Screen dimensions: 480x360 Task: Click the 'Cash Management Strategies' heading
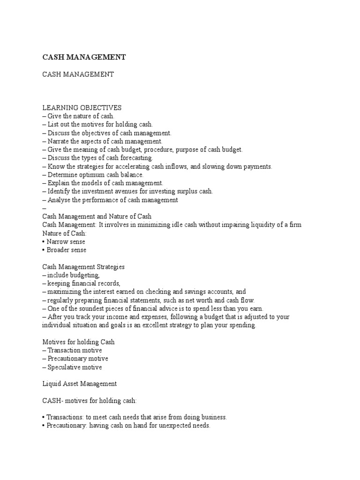tap(83, 267)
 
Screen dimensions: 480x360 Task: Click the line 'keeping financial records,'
tap(84, 284)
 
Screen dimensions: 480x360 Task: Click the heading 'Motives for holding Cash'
tap(78, 342)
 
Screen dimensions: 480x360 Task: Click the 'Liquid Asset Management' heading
tap(79, 383)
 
